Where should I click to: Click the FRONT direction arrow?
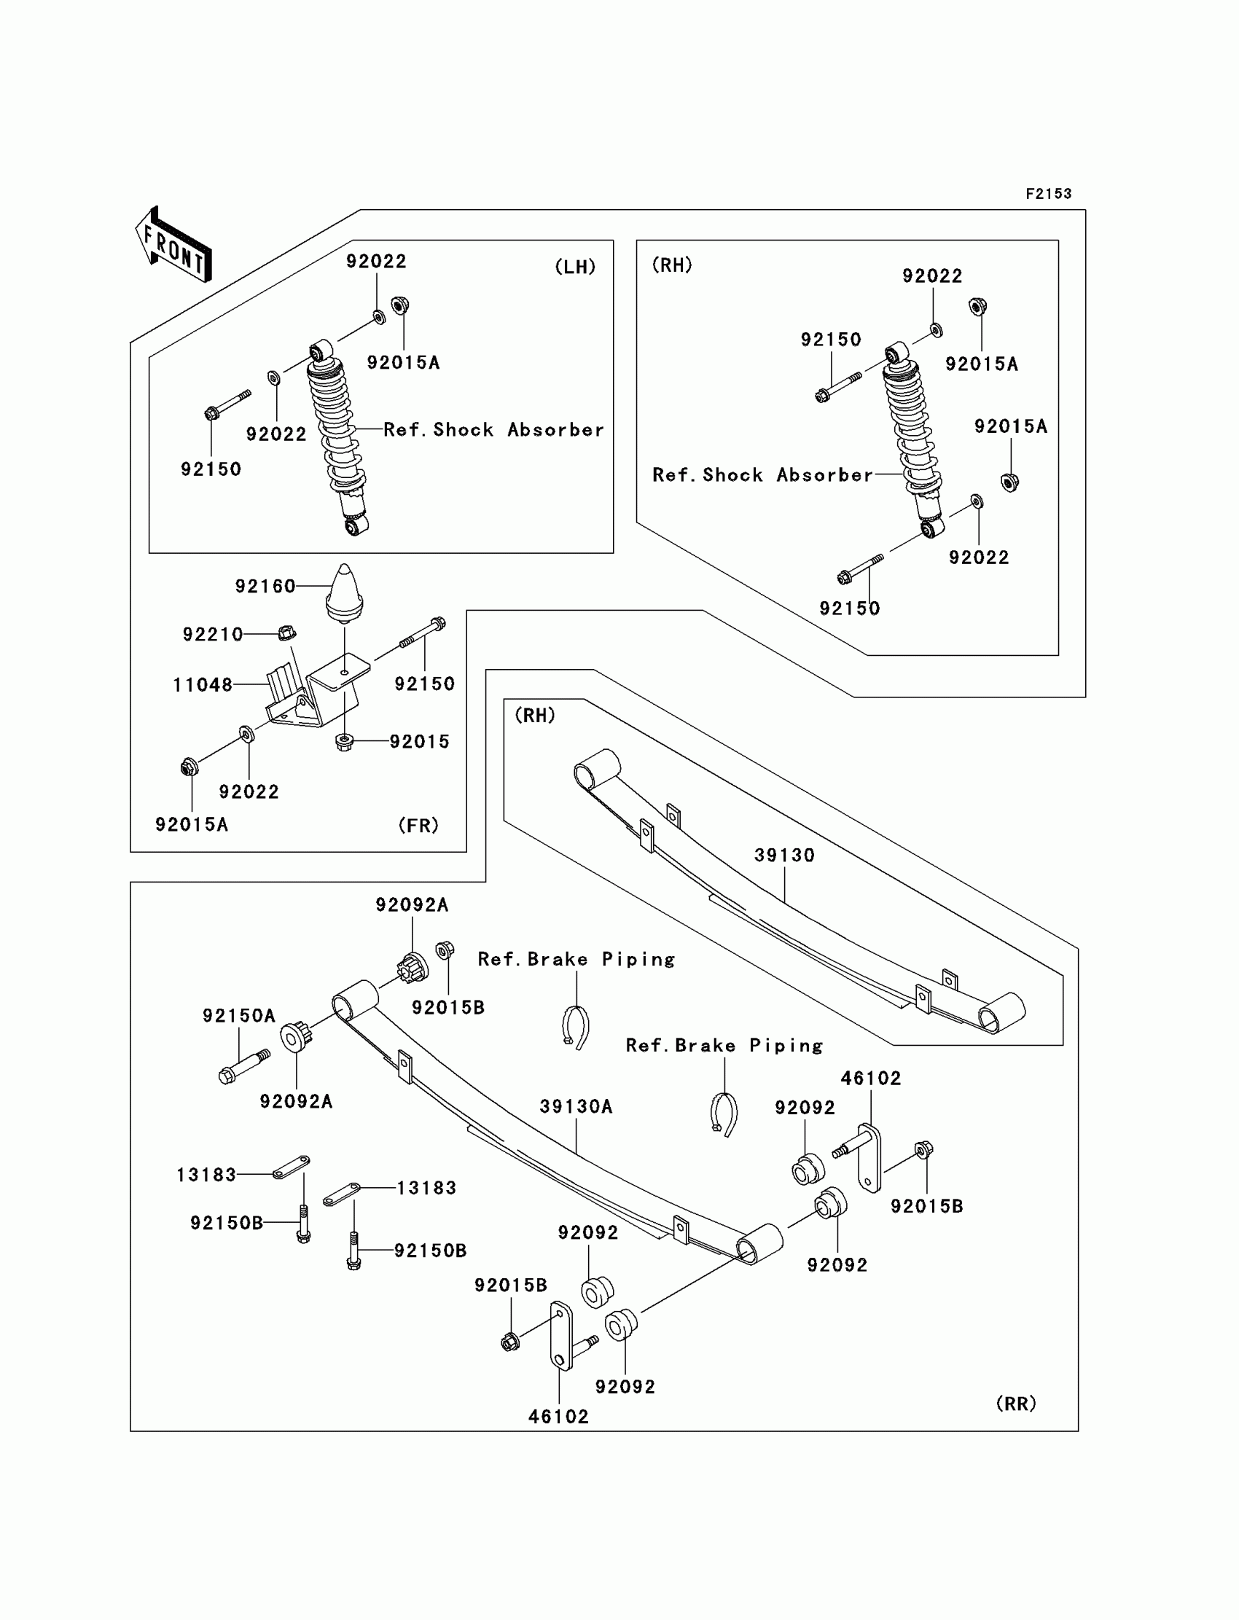point(174,246)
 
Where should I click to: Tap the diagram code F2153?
point(1048,194)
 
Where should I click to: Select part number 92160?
point(265,586)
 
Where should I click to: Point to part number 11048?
point(203,685)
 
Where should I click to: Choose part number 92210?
point(212,634)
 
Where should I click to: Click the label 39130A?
point(576,1106)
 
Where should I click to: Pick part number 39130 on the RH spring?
point(784,856)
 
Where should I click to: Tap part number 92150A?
point(239,1015)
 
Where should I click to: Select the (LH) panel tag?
point(575,267)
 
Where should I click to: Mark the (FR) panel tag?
point(418,825)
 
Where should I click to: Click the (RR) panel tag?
point(1015,1404)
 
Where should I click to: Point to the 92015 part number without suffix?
point(420,741)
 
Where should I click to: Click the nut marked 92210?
point(288,633)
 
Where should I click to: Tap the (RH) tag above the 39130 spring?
point(535,715)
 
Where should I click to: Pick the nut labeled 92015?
point(344,741)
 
